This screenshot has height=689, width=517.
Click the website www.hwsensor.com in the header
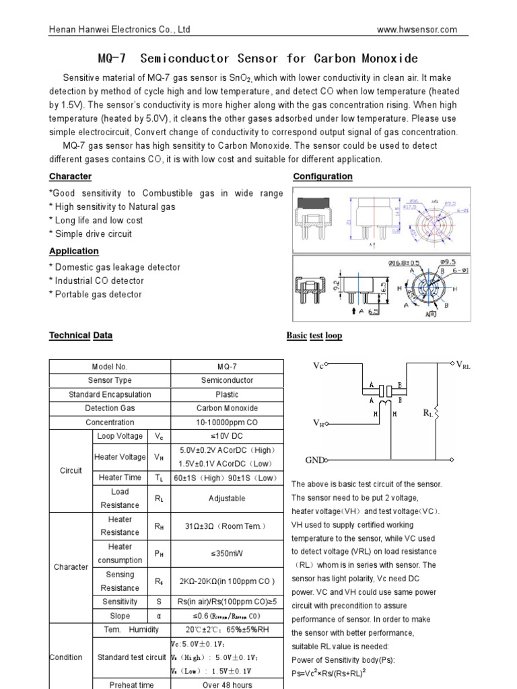coord(417,30)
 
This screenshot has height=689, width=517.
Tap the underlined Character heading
coord(70,176)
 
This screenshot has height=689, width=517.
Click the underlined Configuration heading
coord(322,176)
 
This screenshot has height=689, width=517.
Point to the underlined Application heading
coord(73,251)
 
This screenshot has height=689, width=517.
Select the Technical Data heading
coord(81,335)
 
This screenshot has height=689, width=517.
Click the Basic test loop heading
coord(314,335)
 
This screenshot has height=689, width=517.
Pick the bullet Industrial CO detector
coord(99,281)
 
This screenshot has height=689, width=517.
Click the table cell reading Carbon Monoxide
coord(227,408)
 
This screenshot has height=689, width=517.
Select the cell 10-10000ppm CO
coord(227,423)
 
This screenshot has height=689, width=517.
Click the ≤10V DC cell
coord(227,437)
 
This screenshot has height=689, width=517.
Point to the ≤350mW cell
coord(227,553)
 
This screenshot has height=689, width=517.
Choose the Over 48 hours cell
coord(227,684)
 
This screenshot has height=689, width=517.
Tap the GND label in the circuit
coord(314,461)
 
